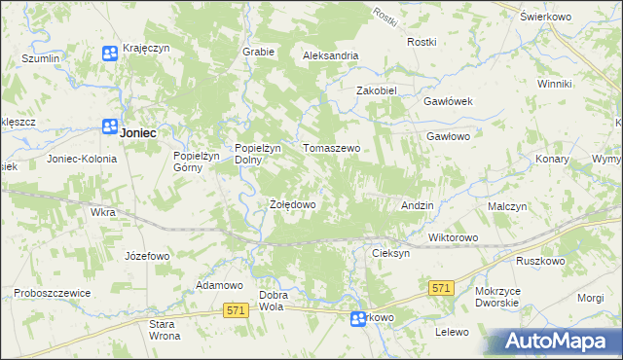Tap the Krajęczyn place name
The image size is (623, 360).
click(x=147, y=50)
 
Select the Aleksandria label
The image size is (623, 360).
click(x=331, y=55)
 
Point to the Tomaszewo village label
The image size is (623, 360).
click(x=332, y=148)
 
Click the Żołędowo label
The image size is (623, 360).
click(x=292, y=205)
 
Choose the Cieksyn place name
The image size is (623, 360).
click(x=391, y=252)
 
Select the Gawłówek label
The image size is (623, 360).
click(x=448, y=101)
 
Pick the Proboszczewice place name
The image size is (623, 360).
click(x=53, y=293)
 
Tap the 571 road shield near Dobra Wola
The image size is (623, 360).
click(x=234, y=309)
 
